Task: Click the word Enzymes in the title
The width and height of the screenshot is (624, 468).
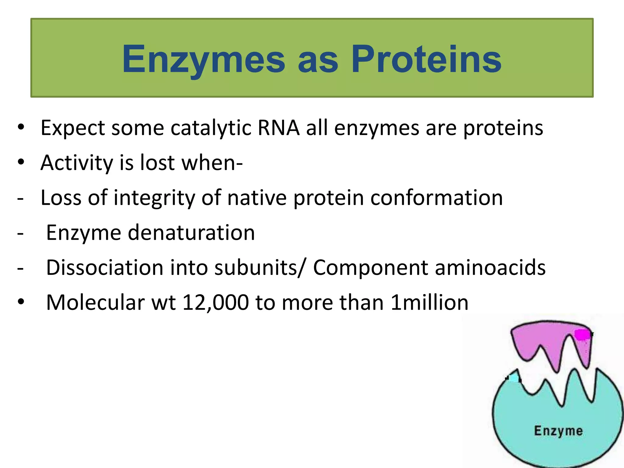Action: (204, 59)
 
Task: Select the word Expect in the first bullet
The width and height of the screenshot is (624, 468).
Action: (73, 128)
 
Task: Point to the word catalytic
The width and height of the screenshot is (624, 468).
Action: (211, 128)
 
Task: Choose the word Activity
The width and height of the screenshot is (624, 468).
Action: (77, 163)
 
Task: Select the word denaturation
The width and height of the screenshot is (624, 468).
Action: (191, 233)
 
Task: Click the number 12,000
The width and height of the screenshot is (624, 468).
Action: (215, 303)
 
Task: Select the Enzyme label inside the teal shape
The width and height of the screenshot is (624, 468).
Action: (558, 431)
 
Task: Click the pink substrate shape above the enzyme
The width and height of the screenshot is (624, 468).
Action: (536, 341)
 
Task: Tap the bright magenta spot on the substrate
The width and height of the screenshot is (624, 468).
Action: (582, 334)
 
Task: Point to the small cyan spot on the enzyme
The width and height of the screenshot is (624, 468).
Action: (514, 378)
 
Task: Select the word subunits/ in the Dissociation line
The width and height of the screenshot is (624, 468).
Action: (259, 268)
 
